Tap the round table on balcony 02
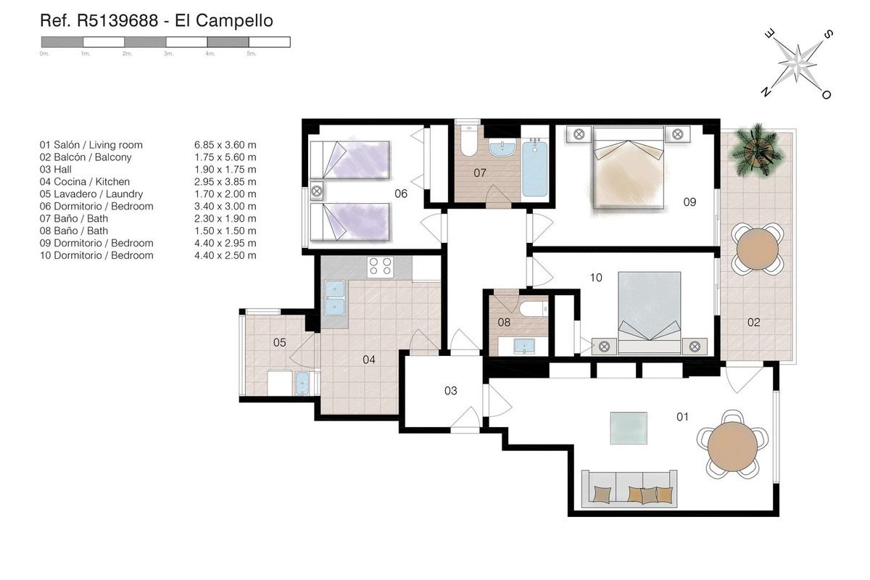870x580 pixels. click(758, 249)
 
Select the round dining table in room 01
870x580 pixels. click(732, 447)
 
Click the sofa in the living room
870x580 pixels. click(629, 489)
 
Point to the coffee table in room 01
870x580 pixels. click(629, 428)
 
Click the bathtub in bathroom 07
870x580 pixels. click(535, 169)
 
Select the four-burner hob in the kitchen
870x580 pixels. click(380, 267)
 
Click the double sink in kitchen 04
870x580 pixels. click(335, 297)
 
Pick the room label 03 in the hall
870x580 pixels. click(450, 391)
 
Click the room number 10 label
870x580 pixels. click(596, 278)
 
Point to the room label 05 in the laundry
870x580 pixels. click(279, 343)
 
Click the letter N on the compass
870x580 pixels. click(766, 91)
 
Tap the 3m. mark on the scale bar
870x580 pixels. click(168, 54)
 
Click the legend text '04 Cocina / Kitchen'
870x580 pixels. click(85, 181)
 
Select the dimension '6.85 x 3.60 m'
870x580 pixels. click(225, 145)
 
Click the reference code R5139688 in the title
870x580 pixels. click(117, 20)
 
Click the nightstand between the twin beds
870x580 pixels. click(317, 191)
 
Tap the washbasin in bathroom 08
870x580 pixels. click(524, 346)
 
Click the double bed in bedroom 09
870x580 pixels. click(628, 167)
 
